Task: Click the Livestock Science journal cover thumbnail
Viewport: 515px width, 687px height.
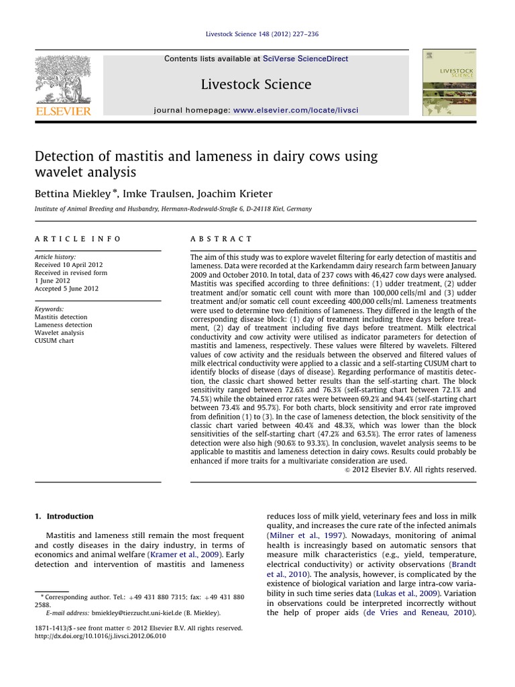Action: pyautogui.click(x=449, y=83)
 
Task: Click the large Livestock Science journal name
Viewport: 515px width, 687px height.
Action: pyautogui.click(x=256, y=85)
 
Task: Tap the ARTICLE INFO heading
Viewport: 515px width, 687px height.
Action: pyautogui.click(x=78, y=239)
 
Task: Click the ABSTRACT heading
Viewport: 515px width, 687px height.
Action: pyautogui.click(x=221, y=239)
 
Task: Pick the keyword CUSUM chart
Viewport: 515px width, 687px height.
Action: pyautogui.click(x=54, y=341)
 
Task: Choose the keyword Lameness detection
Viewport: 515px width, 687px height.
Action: pyautogui.click(x=63, y=325)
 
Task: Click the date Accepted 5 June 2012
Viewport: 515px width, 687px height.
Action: pyautogui.click(x=66, y=288)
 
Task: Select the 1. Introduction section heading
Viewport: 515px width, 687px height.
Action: pyautogui.click(x=64, y=516)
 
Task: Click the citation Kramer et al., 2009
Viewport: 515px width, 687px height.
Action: pyautogui.click(x=205, y=555)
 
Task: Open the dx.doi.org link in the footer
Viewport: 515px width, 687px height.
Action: pyautogui.click(x=100, y=636)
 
